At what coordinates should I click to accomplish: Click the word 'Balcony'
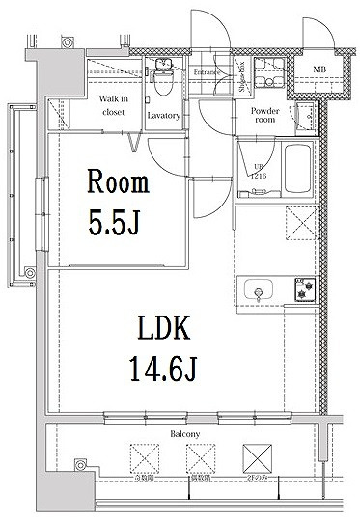click(x=185, y=435)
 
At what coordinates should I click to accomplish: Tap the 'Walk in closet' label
click(x=114, y=105)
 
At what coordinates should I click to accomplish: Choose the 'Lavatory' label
click(x=163, y=116)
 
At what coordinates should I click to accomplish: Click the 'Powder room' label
click(x=264, y=116)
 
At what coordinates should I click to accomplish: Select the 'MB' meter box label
click(x=318, y=69)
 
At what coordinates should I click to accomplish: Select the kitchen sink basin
click(x=261, y=289)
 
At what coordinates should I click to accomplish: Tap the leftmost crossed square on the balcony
click(x=144, y=455)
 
